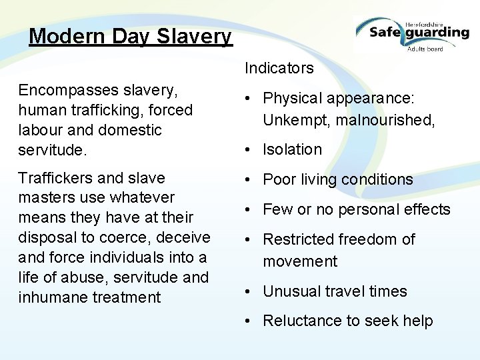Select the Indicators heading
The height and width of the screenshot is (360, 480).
click(279, 68)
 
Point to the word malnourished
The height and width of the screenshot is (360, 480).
click(387, 120)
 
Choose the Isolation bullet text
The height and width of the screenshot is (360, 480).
click(292, 149)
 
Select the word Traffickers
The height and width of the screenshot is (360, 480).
click(55, 178)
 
